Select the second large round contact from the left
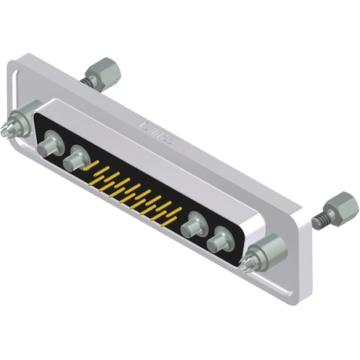(76, 160)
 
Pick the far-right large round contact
(220, 238)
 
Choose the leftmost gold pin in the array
(94, 166)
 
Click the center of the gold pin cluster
(132, 191)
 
